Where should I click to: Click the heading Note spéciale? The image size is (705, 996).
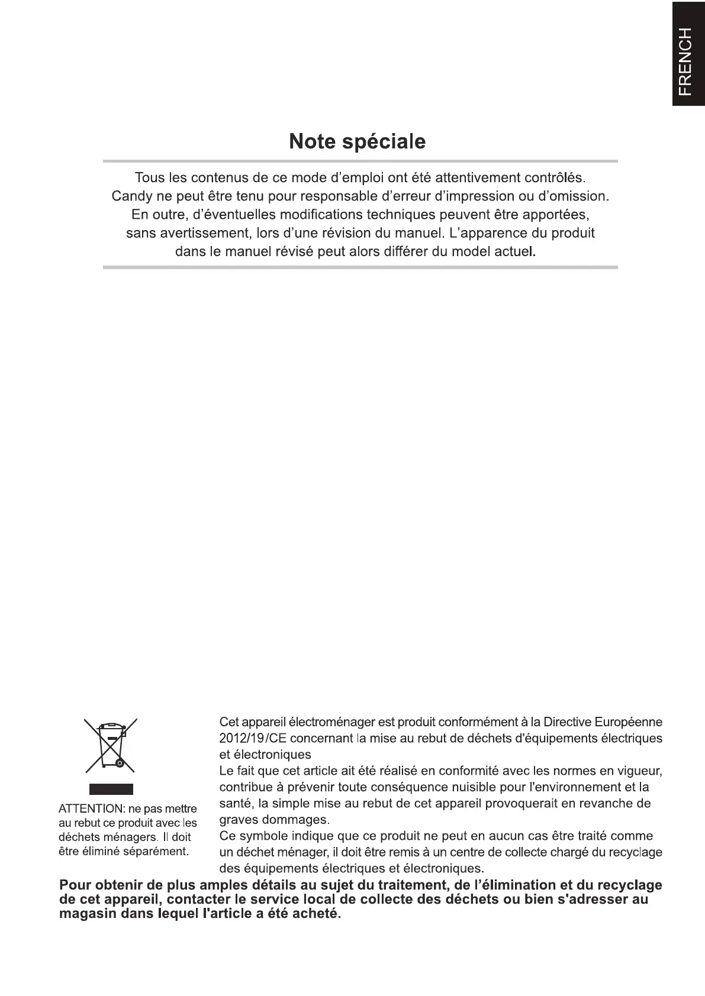click(x=357, y=142)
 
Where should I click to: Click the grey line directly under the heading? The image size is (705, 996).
click(x=360, y=161)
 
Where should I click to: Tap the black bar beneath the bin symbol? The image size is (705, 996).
click(x=111, y=789)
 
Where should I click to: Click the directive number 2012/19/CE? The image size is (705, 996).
click(x=253, y=739)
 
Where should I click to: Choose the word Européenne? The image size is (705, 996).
click(x=628, y=722)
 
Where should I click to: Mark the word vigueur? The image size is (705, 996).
click(x=639, y=771)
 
